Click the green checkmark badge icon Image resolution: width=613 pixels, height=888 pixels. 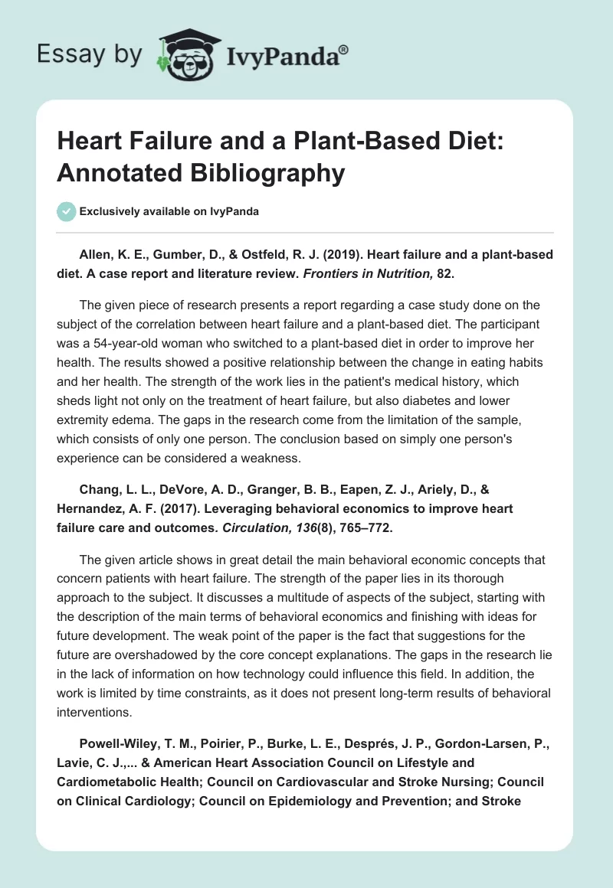point(67,211)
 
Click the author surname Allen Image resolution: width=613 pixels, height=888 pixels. point(95,254)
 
